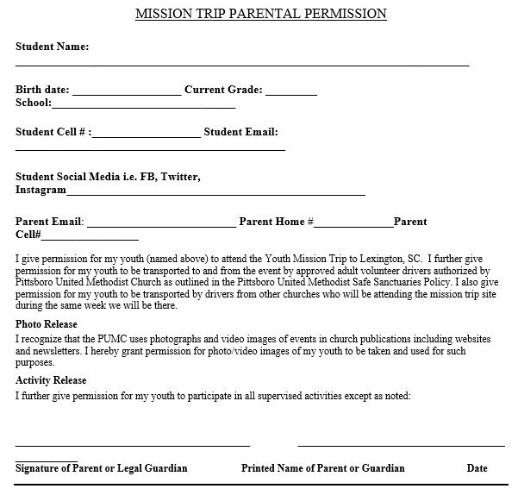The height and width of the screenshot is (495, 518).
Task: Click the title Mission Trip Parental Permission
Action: (261, 14)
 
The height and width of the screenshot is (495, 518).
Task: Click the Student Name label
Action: (52, 47)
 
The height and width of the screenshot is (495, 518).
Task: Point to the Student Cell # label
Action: (52, 132)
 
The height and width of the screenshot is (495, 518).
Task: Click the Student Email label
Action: (240, 132)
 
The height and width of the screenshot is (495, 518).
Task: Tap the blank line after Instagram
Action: (215, 193)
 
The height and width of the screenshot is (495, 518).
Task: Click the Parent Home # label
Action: (276, 222)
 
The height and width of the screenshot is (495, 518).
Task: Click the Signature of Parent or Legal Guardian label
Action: (101, 469)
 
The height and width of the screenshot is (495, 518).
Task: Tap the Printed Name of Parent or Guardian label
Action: (322, 469)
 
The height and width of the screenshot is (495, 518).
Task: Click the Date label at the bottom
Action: (477, 469)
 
